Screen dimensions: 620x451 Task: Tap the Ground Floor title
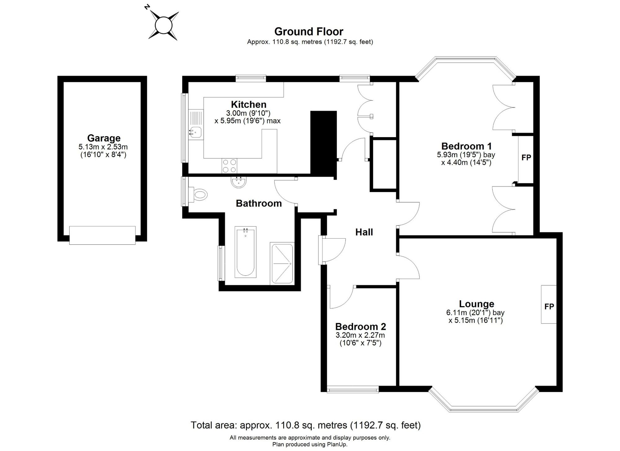point(309,31)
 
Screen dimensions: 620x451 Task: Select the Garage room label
point(104,138)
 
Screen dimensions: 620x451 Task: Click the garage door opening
point(102,235)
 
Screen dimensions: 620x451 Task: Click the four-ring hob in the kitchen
point(229,166)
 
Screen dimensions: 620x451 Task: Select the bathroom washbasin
point(239,182)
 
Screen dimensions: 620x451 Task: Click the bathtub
point(246,252)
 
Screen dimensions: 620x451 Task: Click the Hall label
point(364,232)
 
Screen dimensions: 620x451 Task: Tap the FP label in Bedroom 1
point(526,158)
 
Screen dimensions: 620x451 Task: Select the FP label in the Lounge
point(549,306)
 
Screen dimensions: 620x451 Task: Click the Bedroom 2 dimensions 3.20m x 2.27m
point(360,335)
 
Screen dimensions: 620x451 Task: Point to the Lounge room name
point(476,304)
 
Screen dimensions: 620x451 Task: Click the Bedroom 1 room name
point(467,146)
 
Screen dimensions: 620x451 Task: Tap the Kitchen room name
point(249,104)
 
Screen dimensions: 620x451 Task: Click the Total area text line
point(306,425)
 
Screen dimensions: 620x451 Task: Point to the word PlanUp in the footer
point(336,444)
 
